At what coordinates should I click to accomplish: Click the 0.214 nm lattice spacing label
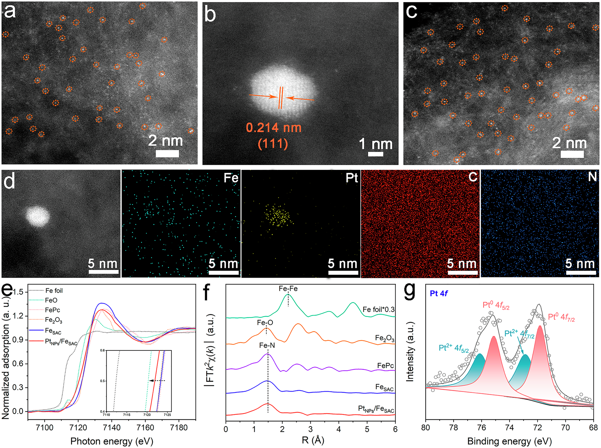(274, 128)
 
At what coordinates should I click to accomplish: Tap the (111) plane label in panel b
(273, 144)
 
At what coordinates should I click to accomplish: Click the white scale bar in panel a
(167, 154)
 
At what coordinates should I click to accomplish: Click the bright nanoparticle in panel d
(37, 216)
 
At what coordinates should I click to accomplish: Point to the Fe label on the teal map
(231, 178)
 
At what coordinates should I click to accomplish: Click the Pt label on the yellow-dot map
(352, 178)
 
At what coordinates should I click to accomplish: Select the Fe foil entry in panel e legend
(54, 291)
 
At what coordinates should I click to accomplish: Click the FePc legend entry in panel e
(52, 310)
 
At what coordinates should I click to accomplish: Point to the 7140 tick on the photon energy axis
(112, 428)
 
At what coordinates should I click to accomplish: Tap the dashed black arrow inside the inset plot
(157, 381)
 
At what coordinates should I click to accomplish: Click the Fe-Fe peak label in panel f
(288, 289)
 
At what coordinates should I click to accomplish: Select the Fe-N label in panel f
(267, 346)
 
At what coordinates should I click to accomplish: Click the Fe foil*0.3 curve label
(378, 310)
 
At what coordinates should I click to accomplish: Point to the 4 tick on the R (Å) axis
(339, 429)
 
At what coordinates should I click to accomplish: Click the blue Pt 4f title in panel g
(439, 293)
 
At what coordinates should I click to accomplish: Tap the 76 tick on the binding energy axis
(481, 428)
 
